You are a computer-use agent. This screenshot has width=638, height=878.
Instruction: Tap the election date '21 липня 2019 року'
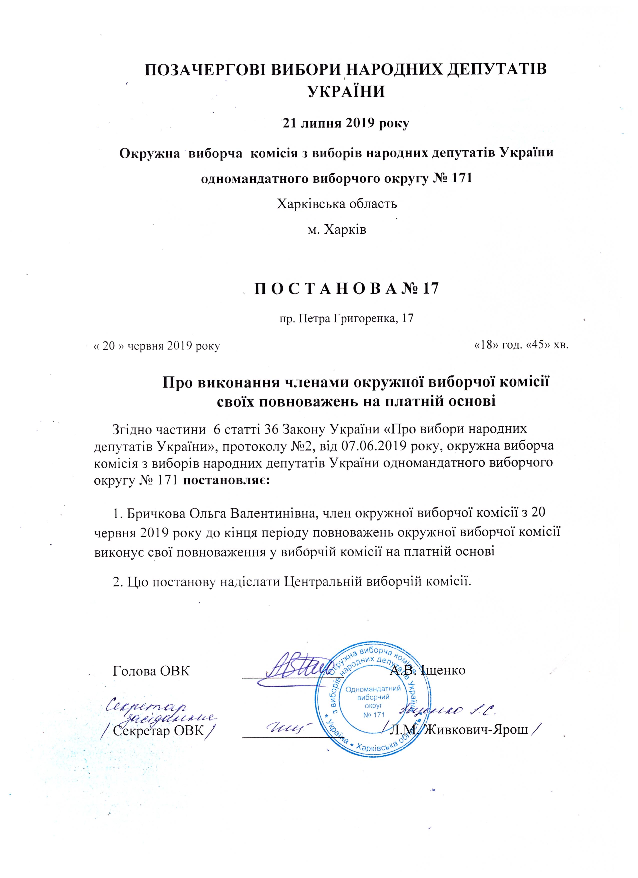tap(344, 124)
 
